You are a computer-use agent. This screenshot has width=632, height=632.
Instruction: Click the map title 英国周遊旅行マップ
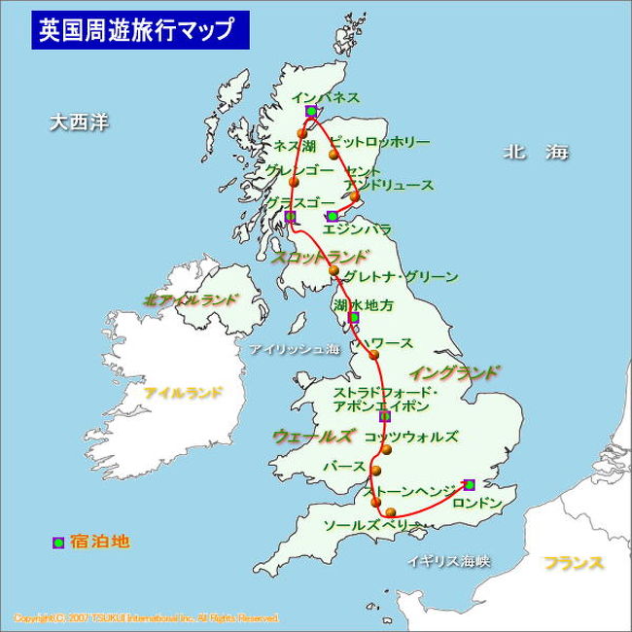pyautogui.click(x=136, y=29)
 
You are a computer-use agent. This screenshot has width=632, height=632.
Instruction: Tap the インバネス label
pyautogui.click(x=326, y=97)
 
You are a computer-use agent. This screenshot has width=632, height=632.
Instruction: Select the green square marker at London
pyautogui.click(x=469, y=484)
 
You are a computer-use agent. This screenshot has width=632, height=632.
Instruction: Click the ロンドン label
pyautogui.click(x=480, y=503)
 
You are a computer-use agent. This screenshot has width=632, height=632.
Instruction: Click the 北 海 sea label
pyautogui.click(x=535, y=152)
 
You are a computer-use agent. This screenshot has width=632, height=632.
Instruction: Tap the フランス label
pyautogui.click(x=574, y=563)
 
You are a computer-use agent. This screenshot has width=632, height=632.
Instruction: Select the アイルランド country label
pyautogui.click(x=183, y=393)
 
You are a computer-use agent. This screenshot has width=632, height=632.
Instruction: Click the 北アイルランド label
pyautogui.click(x=190, y=299)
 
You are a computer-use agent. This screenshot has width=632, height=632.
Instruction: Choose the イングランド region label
pyautogui.click(x=453, y=372)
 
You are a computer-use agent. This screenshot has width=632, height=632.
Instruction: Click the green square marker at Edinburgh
pyautogui.click(x=333, y=216)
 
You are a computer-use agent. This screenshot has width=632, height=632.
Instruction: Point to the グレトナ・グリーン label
pyautogui.click(x=401, y=277)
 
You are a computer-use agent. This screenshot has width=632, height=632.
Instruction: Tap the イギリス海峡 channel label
pyautogui.click(x=449, y=561)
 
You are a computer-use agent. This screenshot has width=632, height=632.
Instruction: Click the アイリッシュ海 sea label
pyautogui.click(x=295, y=349)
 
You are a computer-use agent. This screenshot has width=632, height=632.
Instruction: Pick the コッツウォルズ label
pyautogui.click(x=409, y=437)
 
